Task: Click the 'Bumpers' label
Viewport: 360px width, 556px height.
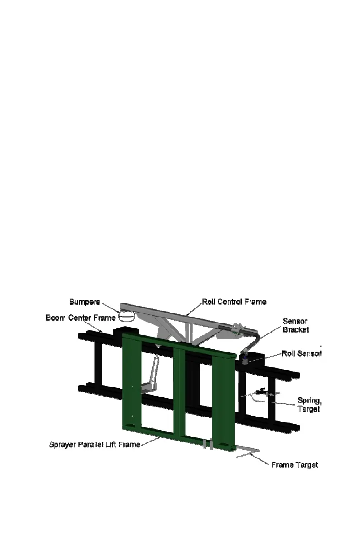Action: tap(85, 302)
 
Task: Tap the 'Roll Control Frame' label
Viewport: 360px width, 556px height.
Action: tap(234, 302)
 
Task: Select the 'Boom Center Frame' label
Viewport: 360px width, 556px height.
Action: tap(80, 318)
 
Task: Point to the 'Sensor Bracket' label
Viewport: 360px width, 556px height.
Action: tap(295, 325)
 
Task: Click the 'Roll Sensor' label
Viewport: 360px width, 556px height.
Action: tap(301, 353)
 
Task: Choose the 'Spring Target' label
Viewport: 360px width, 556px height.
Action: tap(309, 404)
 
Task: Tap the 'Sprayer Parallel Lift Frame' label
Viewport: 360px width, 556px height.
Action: tap(95, 444)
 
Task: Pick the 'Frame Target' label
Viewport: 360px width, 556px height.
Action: tap(295, 465)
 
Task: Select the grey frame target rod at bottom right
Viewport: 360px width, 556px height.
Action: tap(248, 452)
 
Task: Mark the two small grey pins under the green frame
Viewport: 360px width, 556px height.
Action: tap(208, 444)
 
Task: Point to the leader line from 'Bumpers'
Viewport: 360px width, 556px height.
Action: tap(110, 307)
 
